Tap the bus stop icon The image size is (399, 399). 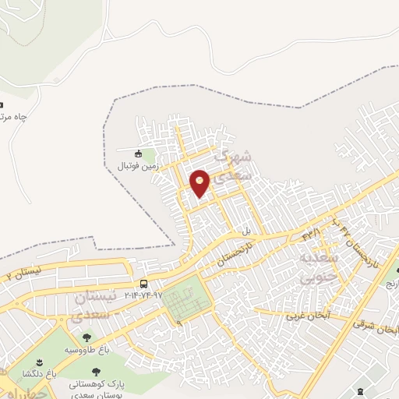[143, 284]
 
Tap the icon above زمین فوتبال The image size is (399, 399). [139, 154]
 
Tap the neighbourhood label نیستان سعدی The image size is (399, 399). [98, 306]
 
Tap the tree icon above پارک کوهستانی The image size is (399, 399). [97, 372]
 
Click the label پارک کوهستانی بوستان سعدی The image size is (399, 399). [97, 387]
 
